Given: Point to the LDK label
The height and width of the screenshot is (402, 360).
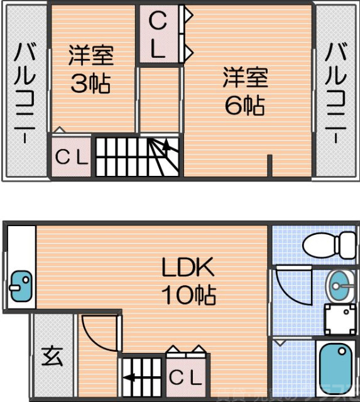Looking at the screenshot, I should [x=188, y=269].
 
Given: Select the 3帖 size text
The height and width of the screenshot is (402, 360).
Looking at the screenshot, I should [x=90, y=84].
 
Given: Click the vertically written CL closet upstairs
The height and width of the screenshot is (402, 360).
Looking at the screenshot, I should [x=158, y=36].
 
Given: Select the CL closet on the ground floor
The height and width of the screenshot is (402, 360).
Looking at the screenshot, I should [x=187, y=378].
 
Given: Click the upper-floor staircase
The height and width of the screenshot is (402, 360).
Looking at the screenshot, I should [x=137, y=155].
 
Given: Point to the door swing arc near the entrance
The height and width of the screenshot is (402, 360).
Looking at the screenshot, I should [x=101, y=333].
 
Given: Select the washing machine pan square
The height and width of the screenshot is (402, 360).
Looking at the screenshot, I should [x=339, y=319].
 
